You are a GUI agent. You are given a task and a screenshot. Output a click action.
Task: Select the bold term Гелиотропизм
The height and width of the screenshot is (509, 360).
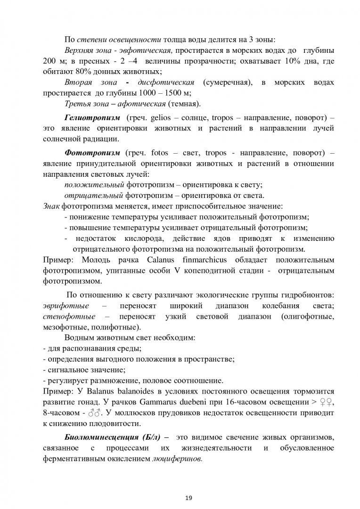coord(88,116)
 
